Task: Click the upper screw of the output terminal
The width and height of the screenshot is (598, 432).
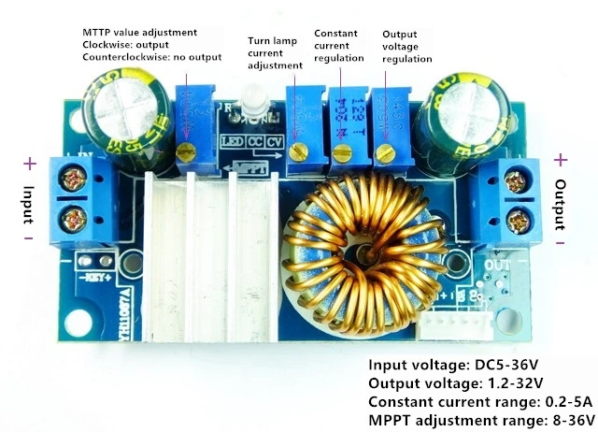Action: [x=513, y=177]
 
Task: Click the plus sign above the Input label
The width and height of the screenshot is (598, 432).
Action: [x=29, y=164]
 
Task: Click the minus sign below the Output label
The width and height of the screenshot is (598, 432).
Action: [x=561, y=240]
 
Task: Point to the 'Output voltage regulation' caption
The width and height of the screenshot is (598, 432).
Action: [x=406, y=47]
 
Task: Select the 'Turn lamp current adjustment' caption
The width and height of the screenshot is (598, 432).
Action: [x=275, y=53]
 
